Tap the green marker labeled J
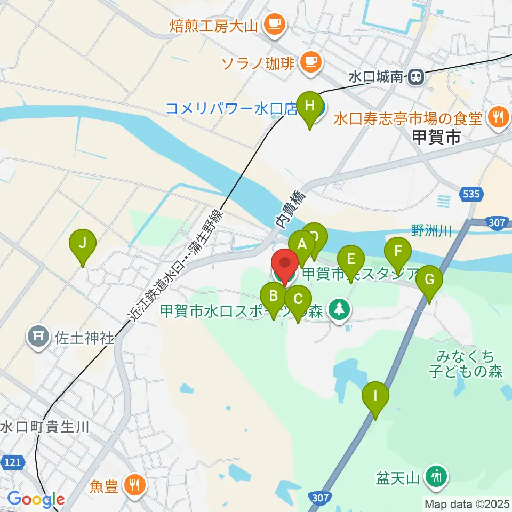click(x=83, y=243)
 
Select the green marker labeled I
click(x=375, y=396)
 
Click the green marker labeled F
click(x=398, y=251)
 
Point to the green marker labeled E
click(x=350, y=259)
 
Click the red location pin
click(x=285, y=264)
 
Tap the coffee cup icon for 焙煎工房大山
click(x=275, y=23)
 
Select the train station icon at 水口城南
click(x=416, y=77)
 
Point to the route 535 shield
click(x=471, y=194)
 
